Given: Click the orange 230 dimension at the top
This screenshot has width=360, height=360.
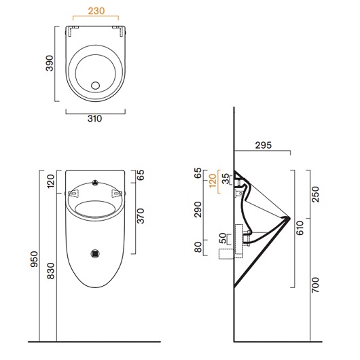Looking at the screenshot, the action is [96, 11].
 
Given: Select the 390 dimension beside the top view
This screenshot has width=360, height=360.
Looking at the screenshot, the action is [50, 63].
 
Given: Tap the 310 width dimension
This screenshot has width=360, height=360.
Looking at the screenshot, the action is [94, 119].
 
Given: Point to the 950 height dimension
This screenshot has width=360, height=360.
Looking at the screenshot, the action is [35, 259].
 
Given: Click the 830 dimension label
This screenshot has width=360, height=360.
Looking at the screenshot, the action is [51, 271].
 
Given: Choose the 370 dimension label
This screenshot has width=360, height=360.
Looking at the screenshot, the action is [141, 216].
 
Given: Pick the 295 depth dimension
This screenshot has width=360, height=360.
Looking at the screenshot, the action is [264, 145].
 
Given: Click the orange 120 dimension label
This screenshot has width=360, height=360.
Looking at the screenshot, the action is [213, 181].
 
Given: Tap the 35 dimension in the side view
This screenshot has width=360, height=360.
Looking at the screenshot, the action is [226, 179].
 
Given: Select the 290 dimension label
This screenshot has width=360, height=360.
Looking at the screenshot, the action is [198, 210].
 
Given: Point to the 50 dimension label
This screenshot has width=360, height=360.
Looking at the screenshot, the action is [223, 238].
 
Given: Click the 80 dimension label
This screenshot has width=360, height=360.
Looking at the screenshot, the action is [198, 247].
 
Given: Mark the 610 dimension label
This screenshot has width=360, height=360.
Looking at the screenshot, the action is [300, 228].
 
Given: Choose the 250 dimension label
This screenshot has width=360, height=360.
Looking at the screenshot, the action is [316, 194].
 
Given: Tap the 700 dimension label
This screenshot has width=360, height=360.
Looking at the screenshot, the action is [316, 285].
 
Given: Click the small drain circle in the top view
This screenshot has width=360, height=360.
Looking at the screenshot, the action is [95, 86].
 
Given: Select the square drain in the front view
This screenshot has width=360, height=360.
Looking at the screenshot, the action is [95, 253].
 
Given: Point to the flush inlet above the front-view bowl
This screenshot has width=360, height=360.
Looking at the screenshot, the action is [95, 183].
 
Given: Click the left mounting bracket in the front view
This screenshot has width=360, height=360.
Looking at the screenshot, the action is [73, 194].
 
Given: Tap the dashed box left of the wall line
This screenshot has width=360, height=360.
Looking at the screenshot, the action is [227, 254].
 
